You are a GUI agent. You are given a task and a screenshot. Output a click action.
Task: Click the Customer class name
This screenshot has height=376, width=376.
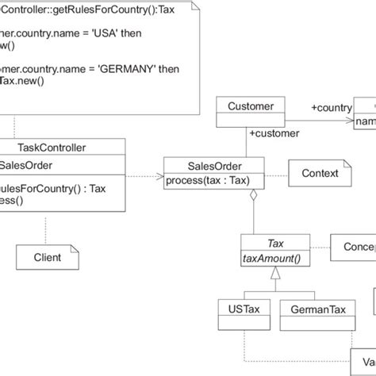point(250,106)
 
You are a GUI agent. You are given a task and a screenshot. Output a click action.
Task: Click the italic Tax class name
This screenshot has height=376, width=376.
point(276,244)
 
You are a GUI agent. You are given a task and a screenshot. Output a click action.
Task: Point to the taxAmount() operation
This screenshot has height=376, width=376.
point(276,258)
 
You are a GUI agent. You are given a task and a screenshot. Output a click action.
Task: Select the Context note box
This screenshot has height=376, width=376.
point(319,173)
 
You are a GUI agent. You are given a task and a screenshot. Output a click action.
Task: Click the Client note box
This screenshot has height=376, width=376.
point(48,257)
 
